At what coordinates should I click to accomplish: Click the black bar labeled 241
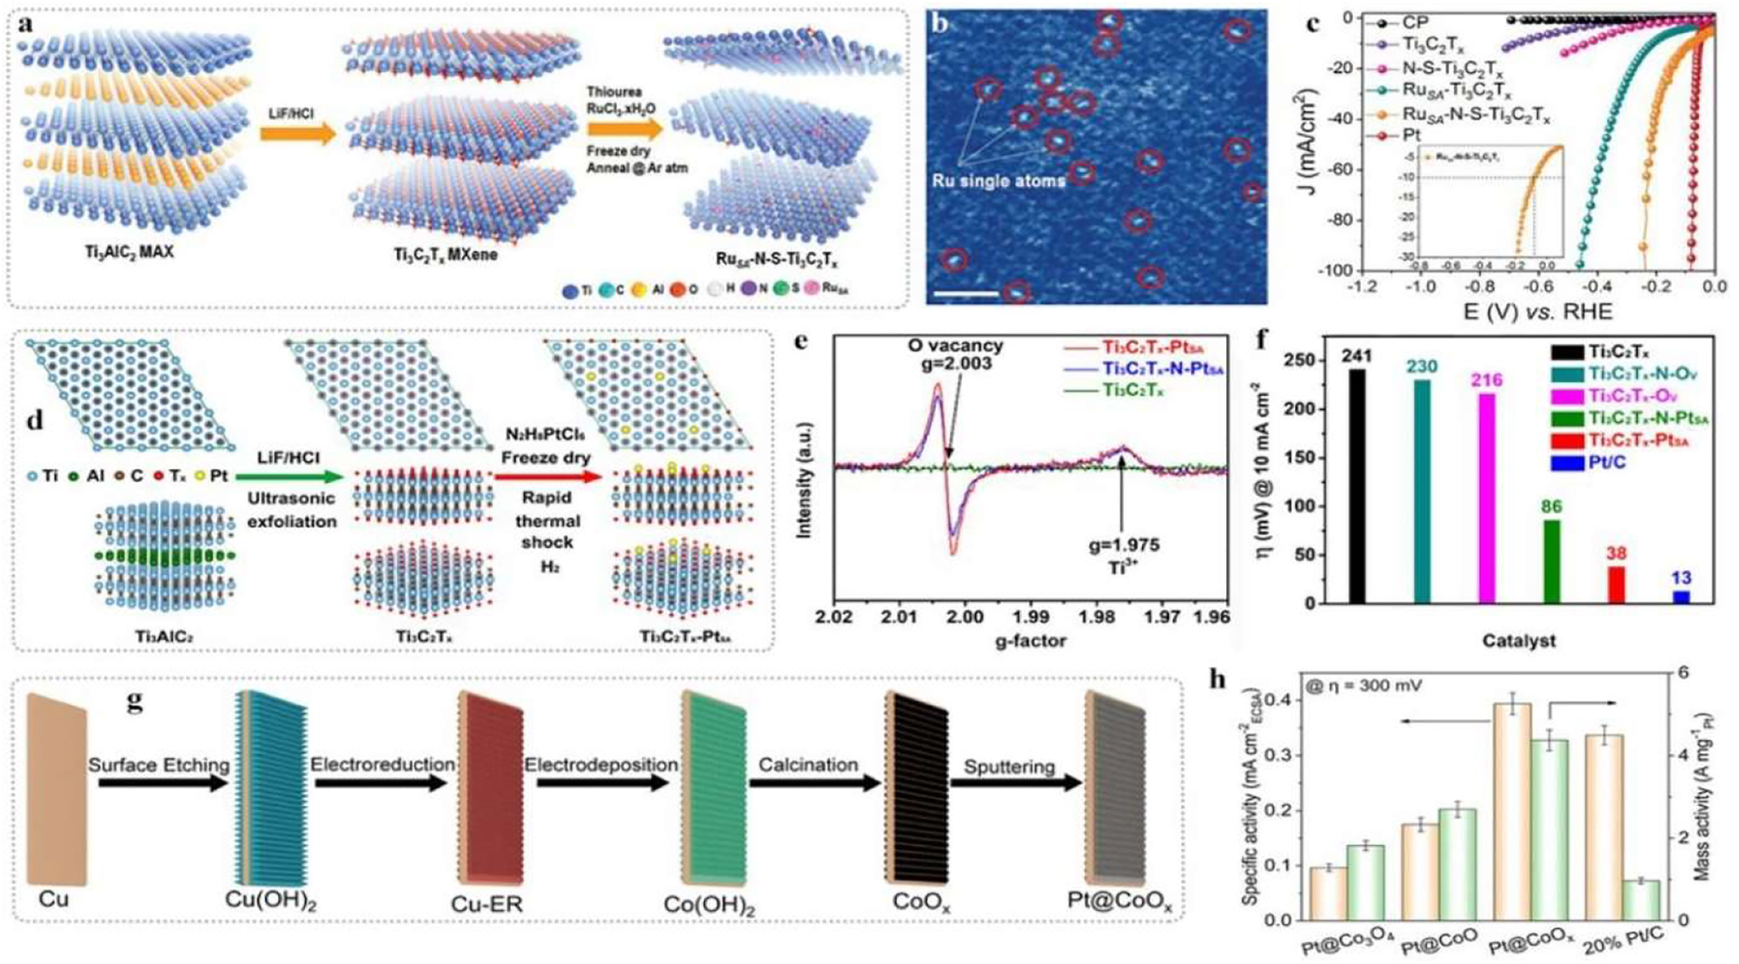1357,485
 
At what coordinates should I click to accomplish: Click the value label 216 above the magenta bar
1487,380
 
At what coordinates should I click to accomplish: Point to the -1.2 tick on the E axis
1361,287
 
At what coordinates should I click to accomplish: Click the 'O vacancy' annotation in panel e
955,346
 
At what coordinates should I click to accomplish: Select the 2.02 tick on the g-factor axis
835,617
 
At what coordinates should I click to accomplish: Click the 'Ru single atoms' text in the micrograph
999,182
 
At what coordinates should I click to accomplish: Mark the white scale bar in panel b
966,294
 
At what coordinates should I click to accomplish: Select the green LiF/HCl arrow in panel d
291,476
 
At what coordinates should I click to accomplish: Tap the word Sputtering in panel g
1009,767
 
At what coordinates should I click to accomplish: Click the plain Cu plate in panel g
56,788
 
